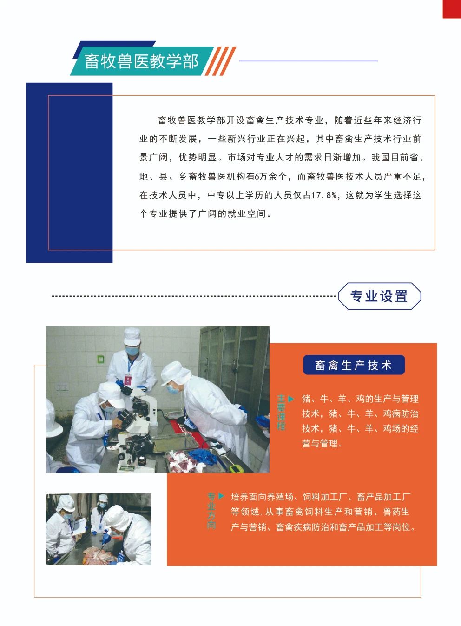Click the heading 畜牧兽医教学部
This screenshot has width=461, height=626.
pos(141,61)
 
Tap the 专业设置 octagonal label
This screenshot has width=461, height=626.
pos(380,296)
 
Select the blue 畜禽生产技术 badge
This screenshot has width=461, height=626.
pos(354,365)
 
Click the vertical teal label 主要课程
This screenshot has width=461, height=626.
pos(281,413)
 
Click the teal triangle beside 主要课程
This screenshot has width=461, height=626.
pos(291,399)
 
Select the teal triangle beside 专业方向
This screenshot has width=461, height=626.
pos(221,496)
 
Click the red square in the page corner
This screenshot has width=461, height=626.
pos(452,9)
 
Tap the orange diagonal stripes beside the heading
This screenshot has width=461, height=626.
pos(221,61)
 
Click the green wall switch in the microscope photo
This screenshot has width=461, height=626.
pos(101,359)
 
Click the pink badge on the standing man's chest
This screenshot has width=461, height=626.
pos(128,380)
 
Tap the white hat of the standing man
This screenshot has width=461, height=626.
pos(132,337)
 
